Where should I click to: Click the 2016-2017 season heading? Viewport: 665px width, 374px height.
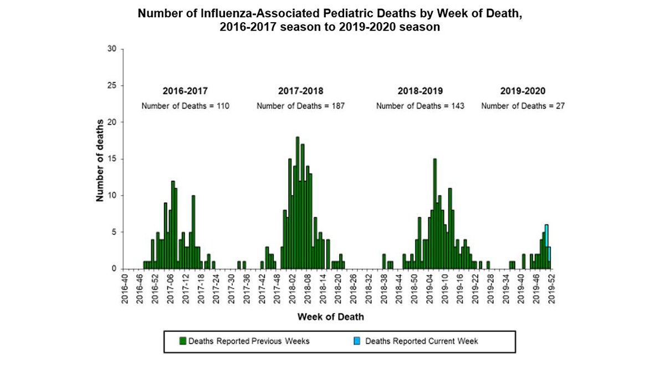(x=186, y=91)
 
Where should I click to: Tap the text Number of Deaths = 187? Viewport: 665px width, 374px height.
(x=300, y=105)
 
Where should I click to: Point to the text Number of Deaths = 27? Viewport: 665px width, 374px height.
(x=523, y=105)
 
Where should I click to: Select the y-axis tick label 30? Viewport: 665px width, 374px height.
(x=112, y=49)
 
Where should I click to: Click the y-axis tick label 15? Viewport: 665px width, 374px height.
(x=112, y=159)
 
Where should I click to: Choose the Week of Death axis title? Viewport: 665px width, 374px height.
(x=331, y=317)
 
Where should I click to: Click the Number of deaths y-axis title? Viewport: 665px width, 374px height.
(x=100, y=160)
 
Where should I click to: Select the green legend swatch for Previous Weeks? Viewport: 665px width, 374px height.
(x=182, y=341)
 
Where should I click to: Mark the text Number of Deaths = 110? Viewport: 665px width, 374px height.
(x=185, y=105)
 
